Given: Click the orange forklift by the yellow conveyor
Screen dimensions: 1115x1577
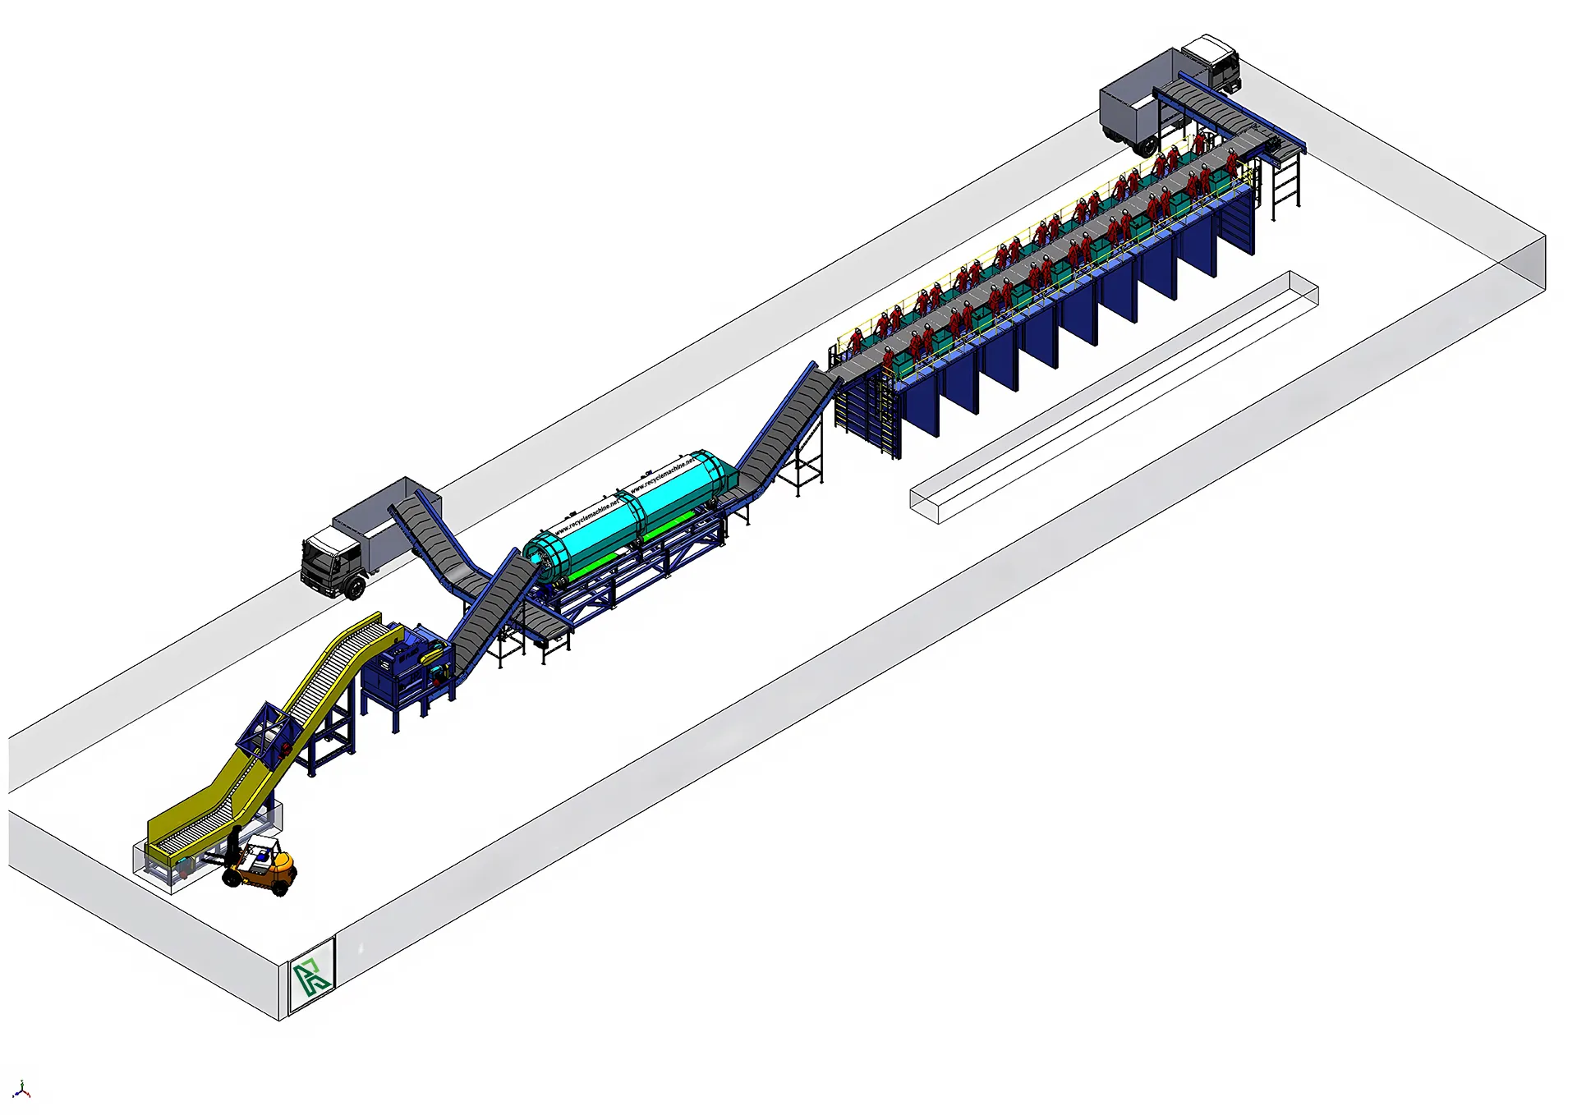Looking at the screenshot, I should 263,869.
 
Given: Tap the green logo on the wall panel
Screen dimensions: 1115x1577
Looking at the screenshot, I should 312,975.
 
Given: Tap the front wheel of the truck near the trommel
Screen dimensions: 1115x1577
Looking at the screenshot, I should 356,587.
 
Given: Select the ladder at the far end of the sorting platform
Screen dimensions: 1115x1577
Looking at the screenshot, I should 1286,185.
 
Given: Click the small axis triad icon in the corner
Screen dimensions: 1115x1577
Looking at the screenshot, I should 22,1090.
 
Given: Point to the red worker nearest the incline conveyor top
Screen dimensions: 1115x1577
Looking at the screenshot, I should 857,339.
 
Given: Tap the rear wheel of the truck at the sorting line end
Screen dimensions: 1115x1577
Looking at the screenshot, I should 1144,148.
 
